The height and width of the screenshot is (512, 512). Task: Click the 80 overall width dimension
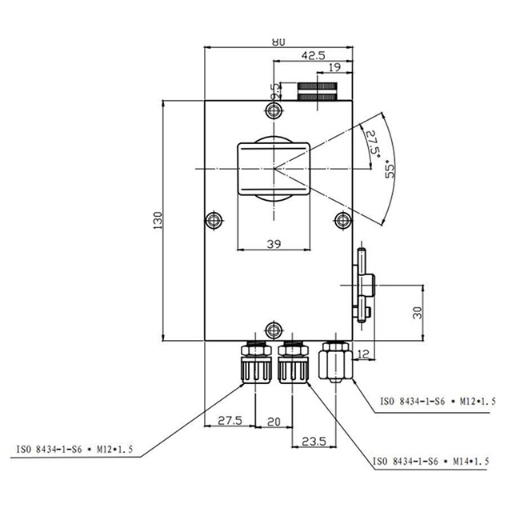point(278,42)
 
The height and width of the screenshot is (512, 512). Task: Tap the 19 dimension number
point(334,69)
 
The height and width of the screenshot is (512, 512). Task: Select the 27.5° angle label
point(371,146)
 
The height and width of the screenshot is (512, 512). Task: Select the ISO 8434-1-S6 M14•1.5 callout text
point(431,462)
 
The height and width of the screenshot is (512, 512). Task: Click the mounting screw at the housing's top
point(274,110)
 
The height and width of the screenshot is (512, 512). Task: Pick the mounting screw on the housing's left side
point(213,220)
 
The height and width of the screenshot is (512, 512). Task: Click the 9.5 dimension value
point(274,90)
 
